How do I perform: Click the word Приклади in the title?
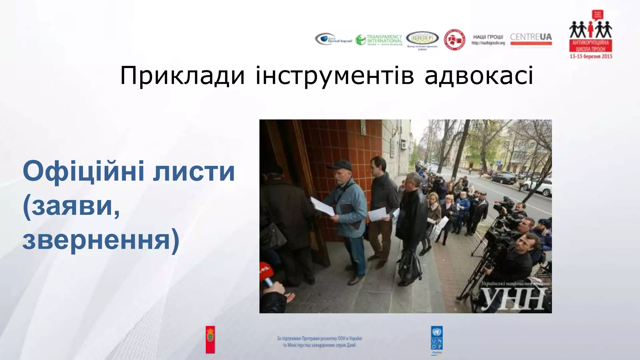pyautogui.click(x=182, y=76)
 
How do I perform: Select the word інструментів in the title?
pyautogui.click(x=335, y=76)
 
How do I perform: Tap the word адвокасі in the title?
pyautogui.click(x=479, y=76)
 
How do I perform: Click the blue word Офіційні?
pyautogui.click(x=84, y=171)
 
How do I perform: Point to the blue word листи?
pyautogui.click(x=194, y=171)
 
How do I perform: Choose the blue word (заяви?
pyautogui.click(x=71, y=206)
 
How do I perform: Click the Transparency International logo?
pyautogui.click(x=379, y=40)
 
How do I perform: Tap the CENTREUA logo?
pyautogui.click(x=531, y=39)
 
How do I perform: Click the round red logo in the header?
pyautogui.click(x=454, y=40)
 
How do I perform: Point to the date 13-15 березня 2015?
pyautogui.click(x=591, y=57)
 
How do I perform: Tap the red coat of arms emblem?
pyautogui.click(x=210, y=340)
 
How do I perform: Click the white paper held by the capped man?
pyautogui.click(x=322, y=207)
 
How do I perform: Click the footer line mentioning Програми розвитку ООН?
pyautogui.click(x=319, y=338)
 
